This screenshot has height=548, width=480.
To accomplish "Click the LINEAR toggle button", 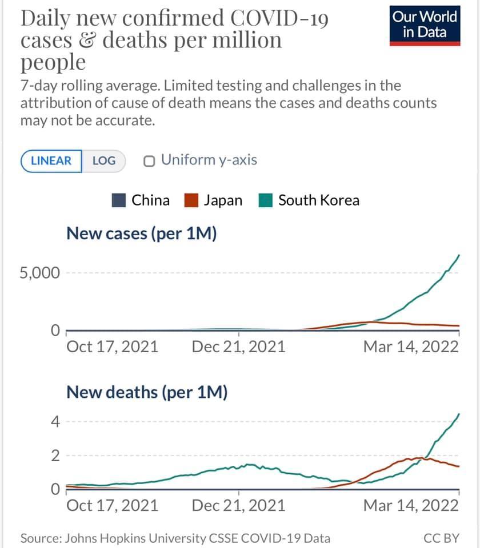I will (51, 160).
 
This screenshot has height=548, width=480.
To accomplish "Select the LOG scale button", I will (103, 160).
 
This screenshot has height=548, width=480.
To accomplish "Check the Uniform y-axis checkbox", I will (150, 161).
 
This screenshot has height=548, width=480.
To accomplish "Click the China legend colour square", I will (119, 200).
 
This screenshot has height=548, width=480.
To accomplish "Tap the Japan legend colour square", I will (191, 200).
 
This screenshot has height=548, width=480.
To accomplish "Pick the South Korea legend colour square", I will (266, 200).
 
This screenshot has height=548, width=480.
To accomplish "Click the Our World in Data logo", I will (425, 25).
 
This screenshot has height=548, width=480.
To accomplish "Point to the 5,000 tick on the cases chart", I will (39, 273).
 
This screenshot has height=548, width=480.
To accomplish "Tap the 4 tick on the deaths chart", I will (55, 422).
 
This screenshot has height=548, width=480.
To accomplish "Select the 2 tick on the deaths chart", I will (55, 456).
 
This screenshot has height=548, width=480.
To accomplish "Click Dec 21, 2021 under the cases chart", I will (238, 346).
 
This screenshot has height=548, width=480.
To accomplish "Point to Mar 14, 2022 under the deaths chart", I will (411, 505).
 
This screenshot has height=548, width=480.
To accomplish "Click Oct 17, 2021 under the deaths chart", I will (113, 505).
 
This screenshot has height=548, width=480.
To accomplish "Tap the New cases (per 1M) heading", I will (142, 233).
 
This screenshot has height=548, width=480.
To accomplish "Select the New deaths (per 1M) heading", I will (147, 392).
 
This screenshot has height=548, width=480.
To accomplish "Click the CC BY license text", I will (442, 538).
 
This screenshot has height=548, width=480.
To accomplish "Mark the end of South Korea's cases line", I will (459, 255).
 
